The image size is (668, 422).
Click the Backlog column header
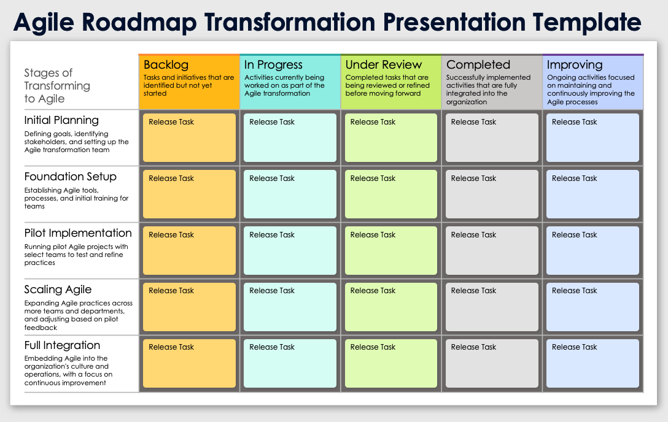(166, 65)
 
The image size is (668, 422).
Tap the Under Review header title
(384, 65)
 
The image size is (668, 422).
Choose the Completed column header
(478, 65)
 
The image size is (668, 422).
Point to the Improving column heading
(575, 65)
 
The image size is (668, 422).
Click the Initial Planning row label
(61, 120)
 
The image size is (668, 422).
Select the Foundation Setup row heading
(70, 177)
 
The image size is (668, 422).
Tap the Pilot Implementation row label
(78, 233)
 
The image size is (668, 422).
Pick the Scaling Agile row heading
(58, 290)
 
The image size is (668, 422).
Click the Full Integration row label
(62, 345)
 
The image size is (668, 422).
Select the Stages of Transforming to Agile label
(57, 86)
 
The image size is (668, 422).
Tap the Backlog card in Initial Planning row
(189, 137)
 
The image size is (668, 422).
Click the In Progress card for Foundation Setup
(290, 194)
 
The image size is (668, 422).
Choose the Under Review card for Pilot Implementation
(390, 250)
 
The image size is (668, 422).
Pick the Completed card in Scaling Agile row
(491, 307)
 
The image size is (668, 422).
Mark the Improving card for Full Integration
(592, 363)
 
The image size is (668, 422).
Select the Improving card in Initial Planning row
(592, 137)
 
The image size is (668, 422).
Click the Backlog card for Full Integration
(189, 363)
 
